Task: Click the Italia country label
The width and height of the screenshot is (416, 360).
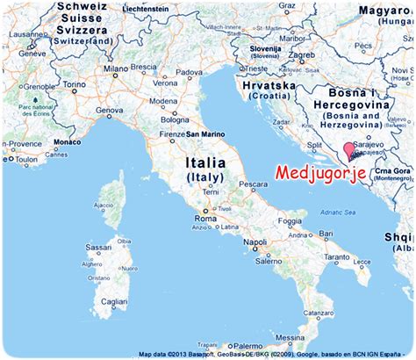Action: (x=204, y=163)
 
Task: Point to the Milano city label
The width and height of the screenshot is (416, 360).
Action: (x=116, y=68)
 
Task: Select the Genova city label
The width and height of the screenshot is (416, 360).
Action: (x=110, y=110)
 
